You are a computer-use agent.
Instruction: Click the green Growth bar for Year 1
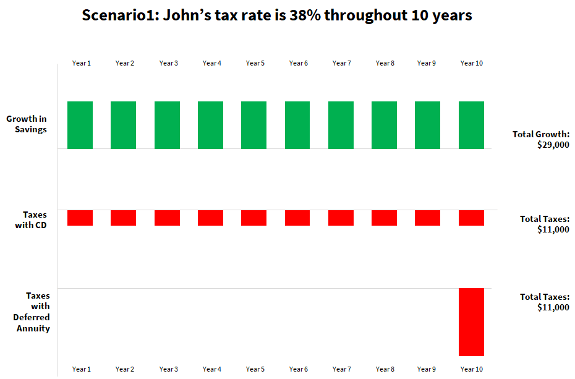[80, 125]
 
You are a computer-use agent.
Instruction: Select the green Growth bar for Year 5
[253, 125]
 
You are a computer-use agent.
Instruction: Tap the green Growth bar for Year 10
[471, 125]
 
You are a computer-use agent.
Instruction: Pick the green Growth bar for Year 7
[341, 125]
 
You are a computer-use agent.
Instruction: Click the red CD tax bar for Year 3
[167, 218]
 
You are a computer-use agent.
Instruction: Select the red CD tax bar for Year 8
[384, 218]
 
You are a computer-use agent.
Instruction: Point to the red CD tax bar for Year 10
[471, 218]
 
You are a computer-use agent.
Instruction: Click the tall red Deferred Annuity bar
[471, 322]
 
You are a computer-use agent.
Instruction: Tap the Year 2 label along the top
[124, 63]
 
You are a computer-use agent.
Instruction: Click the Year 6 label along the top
[298, 63]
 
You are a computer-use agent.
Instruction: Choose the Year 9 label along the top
[426, 63]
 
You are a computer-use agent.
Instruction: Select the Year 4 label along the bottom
[211, 369]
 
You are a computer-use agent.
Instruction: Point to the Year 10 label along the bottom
[471, 369]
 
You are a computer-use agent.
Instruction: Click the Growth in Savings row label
[27, 124]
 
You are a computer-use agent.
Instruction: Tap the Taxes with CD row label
[31, 220]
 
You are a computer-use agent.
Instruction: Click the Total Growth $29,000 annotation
[541, 140]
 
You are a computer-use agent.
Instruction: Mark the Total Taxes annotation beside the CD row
[544, 224]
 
